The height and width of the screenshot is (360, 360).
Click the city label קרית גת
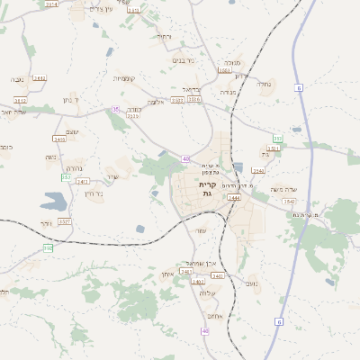tap(207, 190)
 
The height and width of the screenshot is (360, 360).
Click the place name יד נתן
tap(70, 99)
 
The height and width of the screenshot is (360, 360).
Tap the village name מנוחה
tap(230, 64)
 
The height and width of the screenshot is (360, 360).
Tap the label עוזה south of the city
tap(202, 230)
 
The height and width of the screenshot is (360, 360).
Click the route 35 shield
tap(115, 109)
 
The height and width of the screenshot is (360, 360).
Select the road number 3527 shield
tap(65, 220)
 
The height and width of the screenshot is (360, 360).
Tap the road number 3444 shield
tap(234, 197)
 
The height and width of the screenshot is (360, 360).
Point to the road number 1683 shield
tap(224, 69)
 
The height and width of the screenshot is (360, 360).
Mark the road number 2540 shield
tap(259, 170)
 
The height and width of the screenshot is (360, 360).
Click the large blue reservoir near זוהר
tap(141, 229)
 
